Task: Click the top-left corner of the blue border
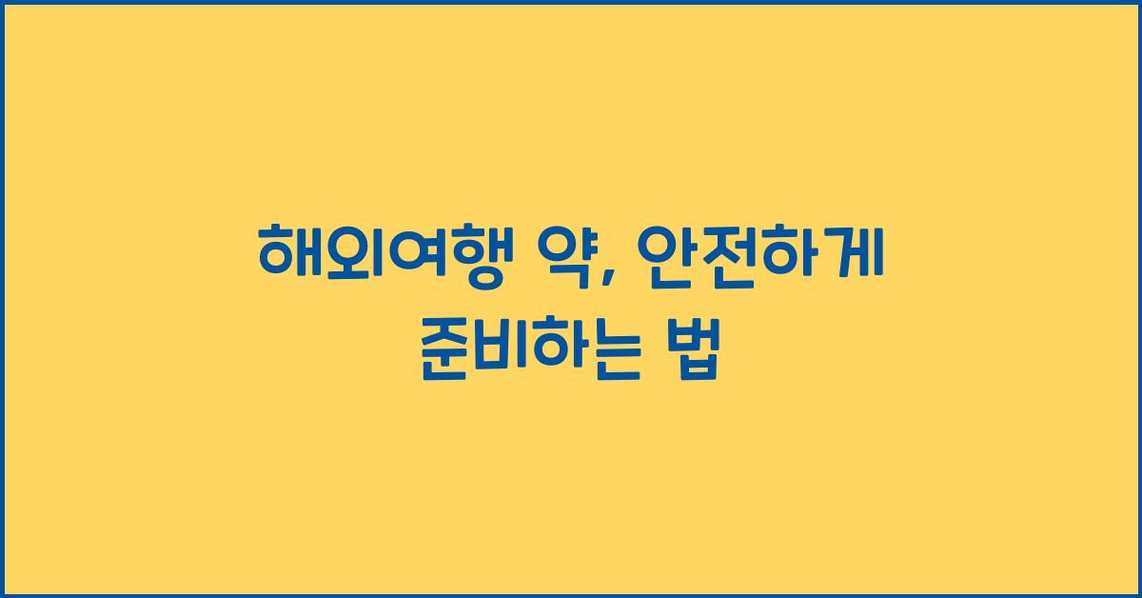click(x=3, y=3)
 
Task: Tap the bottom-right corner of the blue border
click(x=1138, y=594)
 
